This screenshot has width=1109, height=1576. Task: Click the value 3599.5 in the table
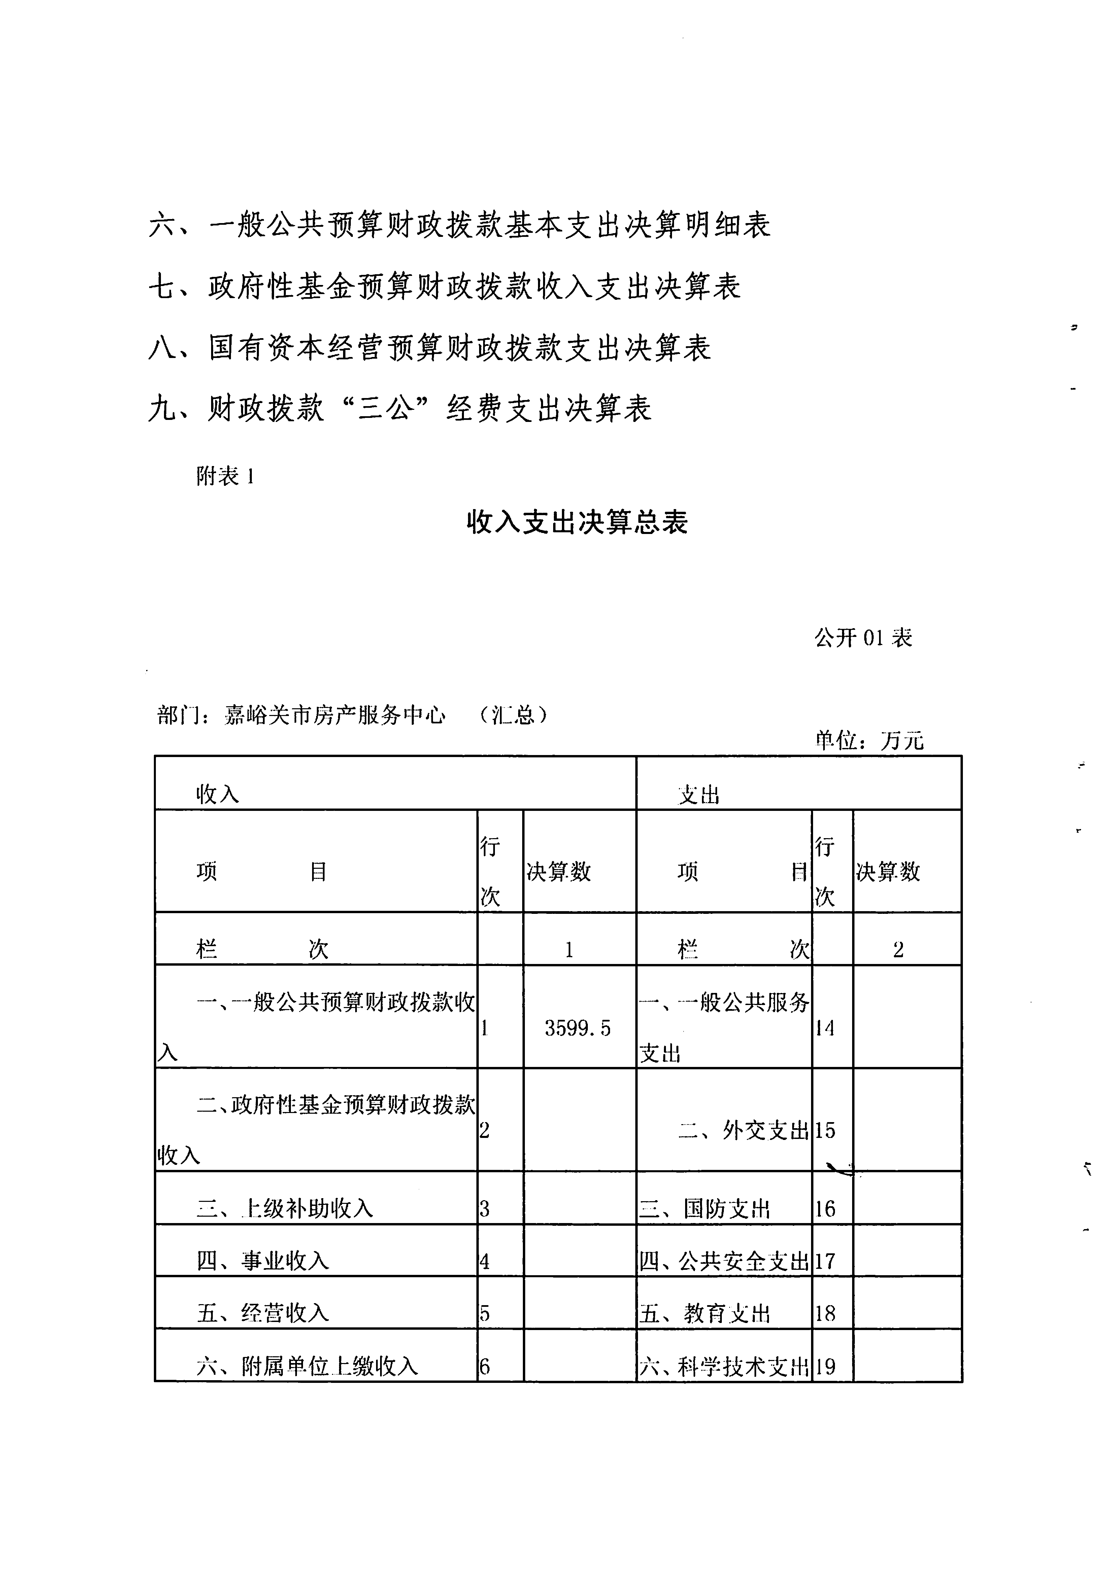(x=577, y=1028)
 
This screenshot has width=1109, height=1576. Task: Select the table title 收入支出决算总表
(x=577, y=522)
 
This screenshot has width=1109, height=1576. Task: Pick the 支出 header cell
(x=699, y=795)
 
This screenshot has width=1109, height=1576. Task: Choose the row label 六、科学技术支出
(x=724, y=1367)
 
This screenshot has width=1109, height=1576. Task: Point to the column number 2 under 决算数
(x=898, y=950)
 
